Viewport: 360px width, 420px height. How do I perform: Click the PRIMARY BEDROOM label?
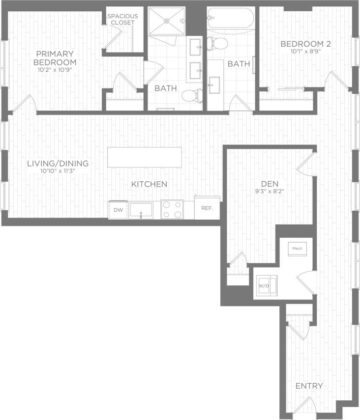[x=55, y=58]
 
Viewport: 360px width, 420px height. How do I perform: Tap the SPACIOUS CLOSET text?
[x=122, y=19]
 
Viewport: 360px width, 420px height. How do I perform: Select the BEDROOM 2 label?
[x=305, y=44]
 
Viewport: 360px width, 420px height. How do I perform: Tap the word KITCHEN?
[x=150, y=184]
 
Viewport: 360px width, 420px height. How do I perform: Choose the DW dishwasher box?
[x=118, y=209]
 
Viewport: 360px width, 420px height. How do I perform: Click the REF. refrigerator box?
[x=207, y=208]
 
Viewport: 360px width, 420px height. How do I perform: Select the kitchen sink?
[x=141, y=210]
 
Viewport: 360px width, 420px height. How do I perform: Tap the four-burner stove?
[x=172, y=209]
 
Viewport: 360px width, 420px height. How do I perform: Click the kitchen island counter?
[x=145, y=157]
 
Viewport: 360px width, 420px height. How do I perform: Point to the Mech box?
[x=298, y=249]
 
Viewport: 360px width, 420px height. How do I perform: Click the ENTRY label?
[x=309, y=386]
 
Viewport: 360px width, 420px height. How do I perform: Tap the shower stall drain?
[x=167, y=21]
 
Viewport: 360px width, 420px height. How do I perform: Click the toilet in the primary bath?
[x=192, y=94]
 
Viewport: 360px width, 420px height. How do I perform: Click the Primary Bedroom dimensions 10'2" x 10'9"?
[x=55, y=70]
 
